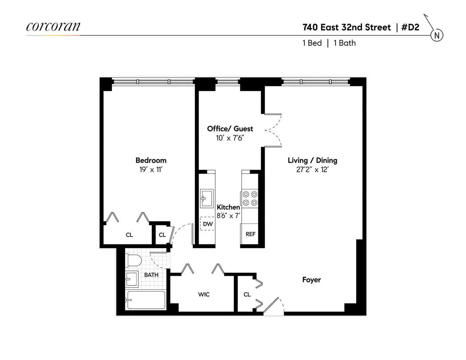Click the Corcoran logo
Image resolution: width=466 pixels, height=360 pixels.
tap(53, 27)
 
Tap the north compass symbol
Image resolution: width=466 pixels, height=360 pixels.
tap(437, 35)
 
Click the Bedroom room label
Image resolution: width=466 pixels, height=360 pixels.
tap(151, 160)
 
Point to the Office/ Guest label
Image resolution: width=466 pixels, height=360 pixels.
tap(230, 129)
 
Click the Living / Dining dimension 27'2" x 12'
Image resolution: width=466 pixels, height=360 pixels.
tap(312, 170)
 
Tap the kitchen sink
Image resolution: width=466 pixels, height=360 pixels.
tap(206, 198)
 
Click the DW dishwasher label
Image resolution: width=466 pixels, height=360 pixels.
tap(208, 224)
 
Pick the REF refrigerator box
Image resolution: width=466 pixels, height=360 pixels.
tap(250, 234)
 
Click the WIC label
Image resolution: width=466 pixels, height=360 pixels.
tap(203, 294)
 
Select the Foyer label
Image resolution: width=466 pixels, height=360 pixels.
tap(311, 280)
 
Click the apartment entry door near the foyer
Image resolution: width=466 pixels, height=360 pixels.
tap(273, 307)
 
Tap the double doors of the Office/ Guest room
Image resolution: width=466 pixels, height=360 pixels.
tap(273, 130)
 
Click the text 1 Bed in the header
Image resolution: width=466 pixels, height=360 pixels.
tap(312, 43)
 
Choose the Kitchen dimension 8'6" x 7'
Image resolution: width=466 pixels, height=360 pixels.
tap(228, 216)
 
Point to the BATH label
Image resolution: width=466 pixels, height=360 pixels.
tap(151, 275)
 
